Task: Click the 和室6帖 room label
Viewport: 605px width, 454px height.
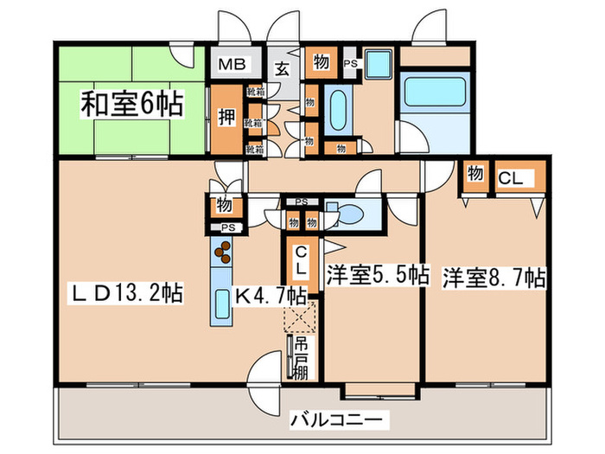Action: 131,106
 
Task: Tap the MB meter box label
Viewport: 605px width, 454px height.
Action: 232,64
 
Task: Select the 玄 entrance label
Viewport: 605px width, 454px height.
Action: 282,71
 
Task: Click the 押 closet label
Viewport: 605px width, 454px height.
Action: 226,117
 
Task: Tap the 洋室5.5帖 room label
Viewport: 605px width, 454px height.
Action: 377,278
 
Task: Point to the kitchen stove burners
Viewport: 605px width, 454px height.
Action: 224,252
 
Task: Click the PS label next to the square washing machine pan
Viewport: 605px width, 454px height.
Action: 350,62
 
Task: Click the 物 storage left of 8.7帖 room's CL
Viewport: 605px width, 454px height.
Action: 475,173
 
